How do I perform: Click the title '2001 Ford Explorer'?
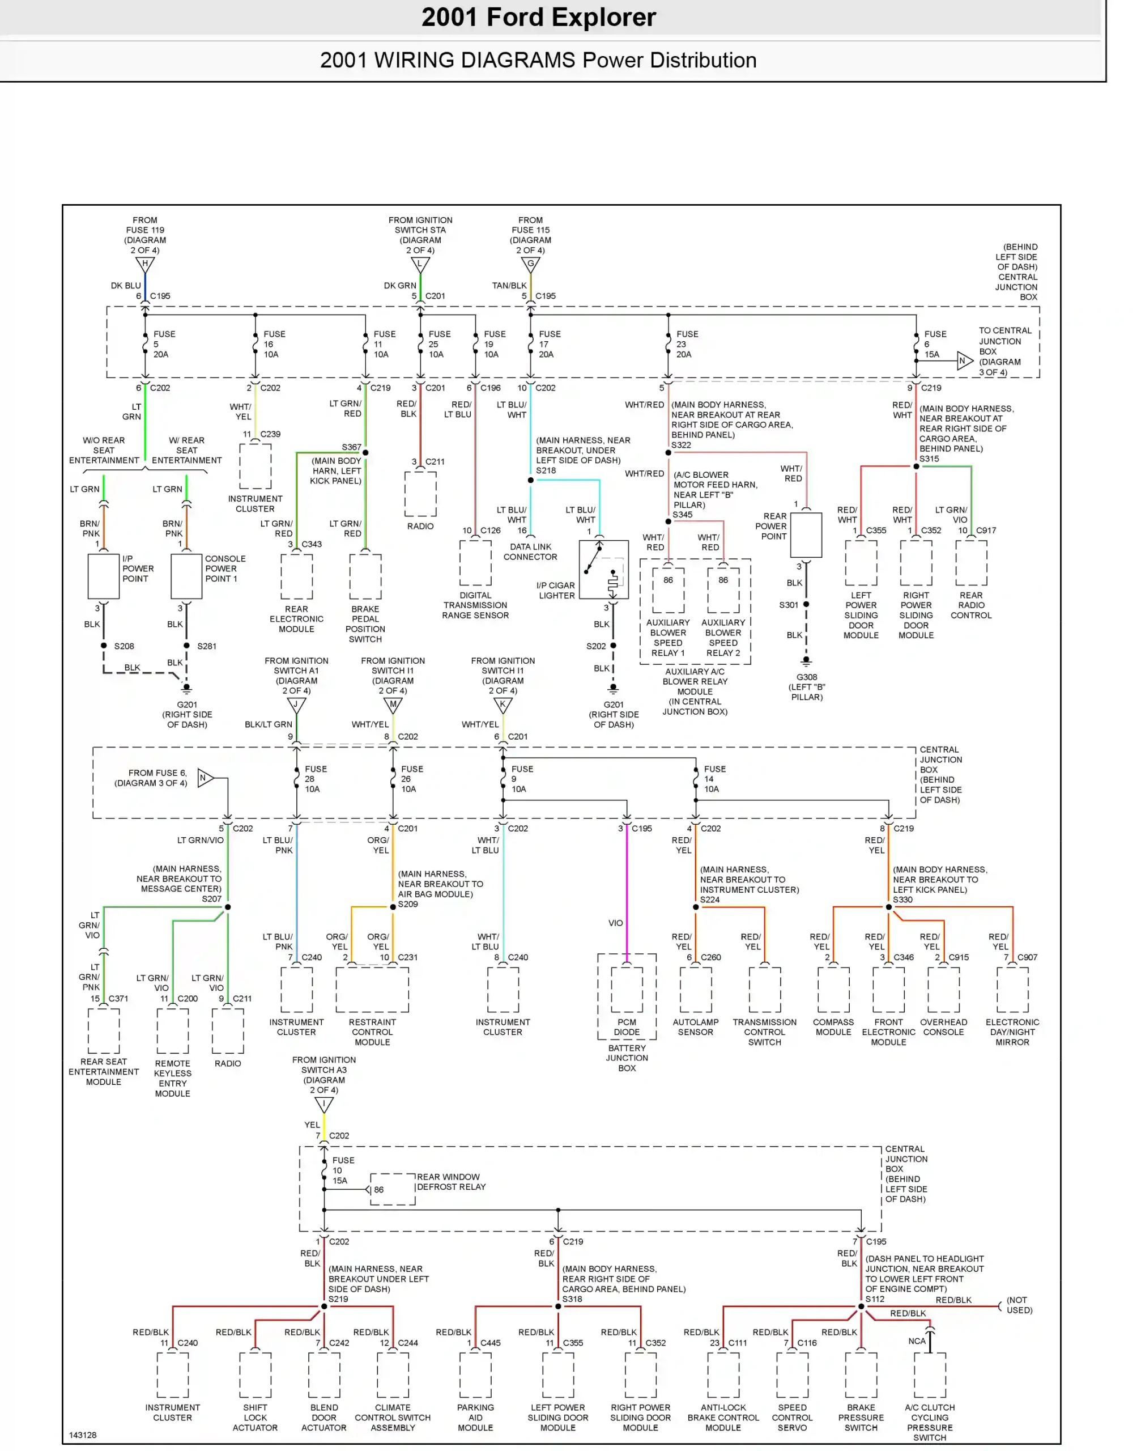(x=538, y=18)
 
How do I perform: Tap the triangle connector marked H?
(x=145, y=265)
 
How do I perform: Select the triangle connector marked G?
(x=530, y=265)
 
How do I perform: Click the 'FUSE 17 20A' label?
(x=550, y=344)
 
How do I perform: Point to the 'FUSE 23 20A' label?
(x=687, y=344)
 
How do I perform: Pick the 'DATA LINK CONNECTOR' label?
(x=530, y=552)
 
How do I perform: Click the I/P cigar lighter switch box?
(x=603, y=570)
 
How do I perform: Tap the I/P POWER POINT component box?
(x=104, y=576)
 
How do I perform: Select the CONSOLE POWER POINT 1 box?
(x=186, y=576)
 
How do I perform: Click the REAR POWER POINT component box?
(x=806, y=534)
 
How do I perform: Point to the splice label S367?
(x=351, y=447)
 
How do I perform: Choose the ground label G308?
(x=806, y=677)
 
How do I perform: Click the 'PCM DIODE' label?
(x=627, y=1027)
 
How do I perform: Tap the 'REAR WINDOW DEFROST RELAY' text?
(x=451, y=1182)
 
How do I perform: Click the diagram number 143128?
(x=83, y=1435)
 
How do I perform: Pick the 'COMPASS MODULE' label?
(x=833, y=1027)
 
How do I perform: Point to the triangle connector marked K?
(x=503, y=705)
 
